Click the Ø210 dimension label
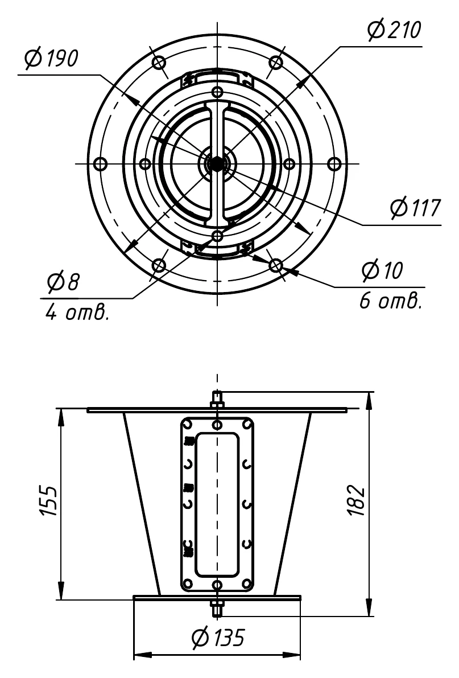[394, 30]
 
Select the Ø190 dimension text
[51, 59]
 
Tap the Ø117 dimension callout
[415, 208]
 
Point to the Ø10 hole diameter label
[382, 270]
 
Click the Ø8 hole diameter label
[64, 281]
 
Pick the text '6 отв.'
[390, 301]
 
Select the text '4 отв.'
[77, 312]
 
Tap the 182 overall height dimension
[357, 501]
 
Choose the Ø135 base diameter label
[218, 638]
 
